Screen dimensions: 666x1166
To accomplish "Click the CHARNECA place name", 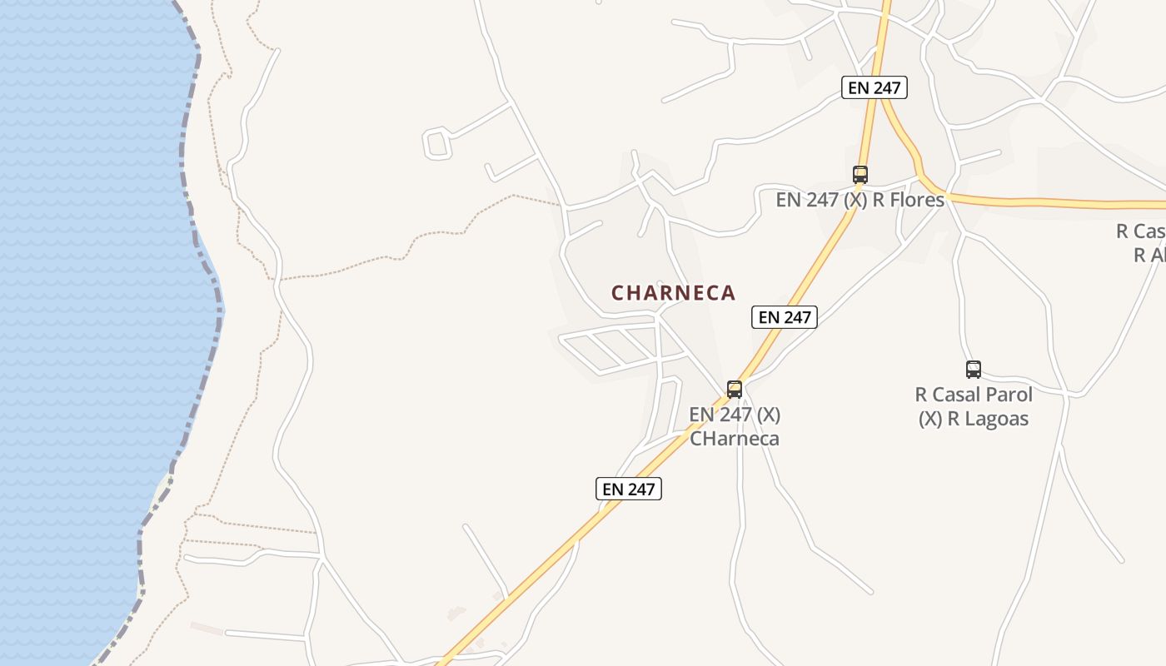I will click(673, 293).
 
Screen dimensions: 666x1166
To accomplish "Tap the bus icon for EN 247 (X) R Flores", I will click(860, 175).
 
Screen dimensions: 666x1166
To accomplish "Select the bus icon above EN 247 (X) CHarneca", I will click(734, 389).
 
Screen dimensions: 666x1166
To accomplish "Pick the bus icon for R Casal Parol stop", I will click(973, 370).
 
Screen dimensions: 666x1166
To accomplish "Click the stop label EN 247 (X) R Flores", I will click(860, 200).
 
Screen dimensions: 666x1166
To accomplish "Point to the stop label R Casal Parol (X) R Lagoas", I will click(974, 406).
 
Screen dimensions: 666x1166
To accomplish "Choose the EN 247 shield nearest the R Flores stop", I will click(873, 87).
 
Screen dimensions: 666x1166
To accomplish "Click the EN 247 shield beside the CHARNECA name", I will click(784, 317).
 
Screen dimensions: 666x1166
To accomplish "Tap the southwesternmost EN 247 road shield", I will click(629, 489).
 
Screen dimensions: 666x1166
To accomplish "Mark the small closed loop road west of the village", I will click(437, 143).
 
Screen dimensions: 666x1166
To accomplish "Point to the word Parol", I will click(1008, 395).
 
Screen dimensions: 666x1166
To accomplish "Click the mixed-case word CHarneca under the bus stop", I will click(734, 439).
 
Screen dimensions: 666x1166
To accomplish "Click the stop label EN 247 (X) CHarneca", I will click(734, 426).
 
